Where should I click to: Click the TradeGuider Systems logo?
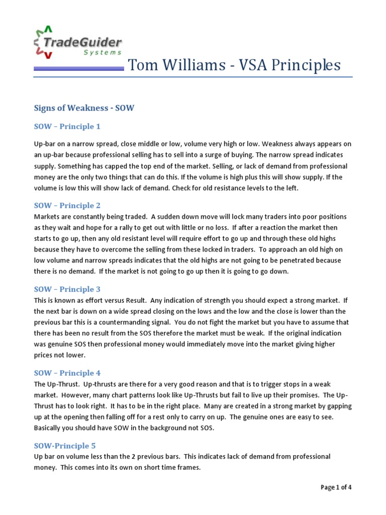[x=78, y=42]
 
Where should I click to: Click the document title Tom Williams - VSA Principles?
[x=234, y=65]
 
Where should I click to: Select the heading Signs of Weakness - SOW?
[x=84, y=108]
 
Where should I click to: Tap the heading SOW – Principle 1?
[x=67, y=126]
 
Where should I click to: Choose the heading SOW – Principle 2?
[x=67, y=205]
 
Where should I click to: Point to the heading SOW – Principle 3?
[x=67, y=289]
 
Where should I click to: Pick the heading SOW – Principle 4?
[x=67, y=373]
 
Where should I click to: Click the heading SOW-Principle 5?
[x=65, y=446]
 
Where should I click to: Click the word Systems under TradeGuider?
[x=103, y=52]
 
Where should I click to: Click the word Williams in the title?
[x=189, y=65]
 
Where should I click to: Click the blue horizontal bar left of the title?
[x=79, y=69]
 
